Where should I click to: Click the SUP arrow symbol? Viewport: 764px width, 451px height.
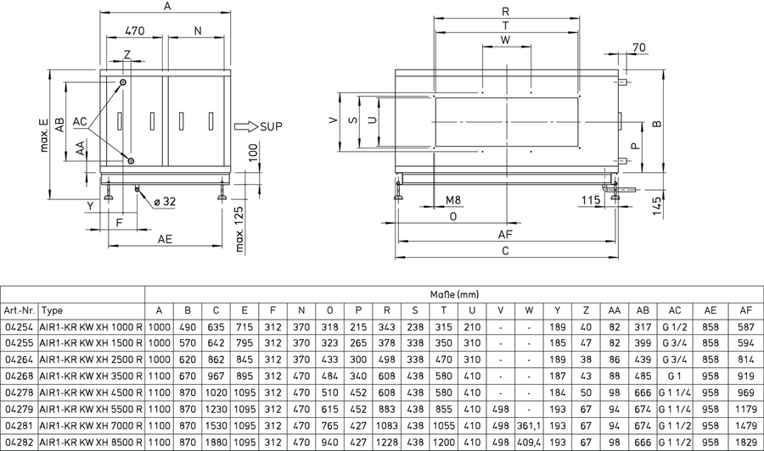(x=246, y=126)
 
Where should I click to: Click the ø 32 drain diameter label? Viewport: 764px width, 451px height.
(x=165, y=202)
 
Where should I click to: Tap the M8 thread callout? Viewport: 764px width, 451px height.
(x=453, y=200)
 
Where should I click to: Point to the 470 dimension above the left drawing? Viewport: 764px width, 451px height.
(x=134, y=31)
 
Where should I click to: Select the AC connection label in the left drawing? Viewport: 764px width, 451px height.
(x=80, y=121)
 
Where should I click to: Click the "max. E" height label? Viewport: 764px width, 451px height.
(x=44, y=134)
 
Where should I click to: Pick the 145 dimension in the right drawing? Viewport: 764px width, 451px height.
(x=657, y=206)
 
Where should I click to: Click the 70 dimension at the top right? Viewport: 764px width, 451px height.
(x=638, y=47)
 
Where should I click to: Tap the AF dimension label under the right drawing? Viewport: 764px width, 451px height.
(x=505, y=235)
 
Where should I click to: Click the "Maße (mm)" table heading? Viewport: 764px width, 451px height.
(x=455, y=294)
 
